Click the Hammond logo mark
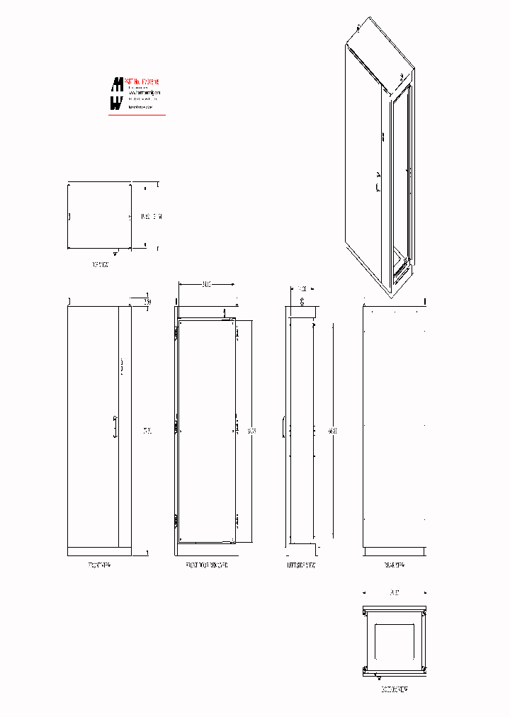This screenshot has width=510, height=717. tap(116, 94)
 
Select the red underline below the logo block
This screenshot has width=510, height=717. tap(137, 115)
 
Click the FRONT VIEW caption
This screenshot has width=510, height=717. tap(99, 565)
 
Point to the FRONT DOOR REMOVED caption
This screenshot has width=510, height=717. tap(206, 565)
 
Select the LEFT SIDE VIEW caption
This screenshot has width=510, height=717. tap(302, 565)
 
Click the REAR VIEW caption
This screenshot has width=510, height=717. tap(394, 565)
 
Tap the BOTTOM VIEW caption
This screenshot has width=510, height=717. tap(394, 688)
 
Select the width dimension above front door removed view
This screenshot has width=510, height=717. tap(206, 284)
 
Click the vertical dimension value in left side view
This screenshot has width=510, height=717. tap(333, 429)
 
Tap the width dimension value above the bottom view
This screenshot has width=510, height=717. tap(394, 592)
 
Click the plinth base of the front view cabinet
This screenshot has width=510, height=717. tap(99, 551)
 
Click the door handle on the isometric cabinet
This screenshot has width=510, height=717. tap(378, 184)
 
